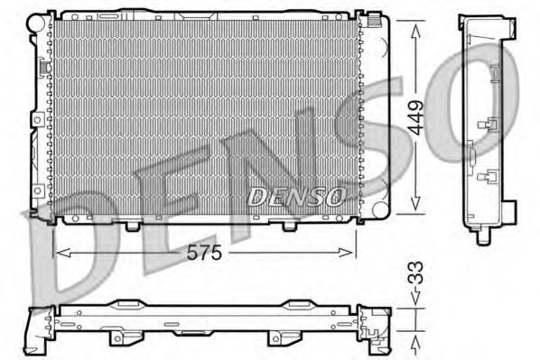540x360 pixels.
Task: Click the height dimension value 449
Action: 415,116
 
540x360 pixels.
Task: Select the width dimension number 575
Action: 204,255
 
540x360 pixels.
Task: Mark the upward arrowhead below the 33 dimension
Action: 415,341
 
